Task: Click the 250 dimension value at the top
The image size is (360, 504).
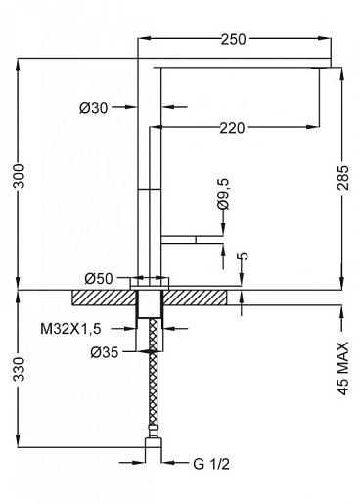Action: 233,39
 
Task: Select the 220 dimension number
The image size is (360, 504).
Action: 232,128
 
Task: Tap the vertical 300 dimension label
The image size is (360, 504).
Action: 19,176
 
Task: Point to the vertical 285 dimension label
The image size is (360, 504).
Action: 342,178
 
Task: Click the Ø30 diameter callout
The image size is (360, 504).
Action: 93,107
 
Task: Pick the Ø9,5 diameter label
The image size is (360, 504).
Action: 224,195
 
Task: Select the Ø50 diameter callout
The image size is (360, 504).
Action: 99,279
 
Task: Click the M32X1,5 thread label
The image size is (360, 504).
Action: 70,329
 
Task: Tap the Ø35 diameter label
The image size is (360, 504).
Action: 105,352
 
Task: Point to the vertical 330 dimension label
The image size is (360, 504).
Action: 19,369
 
